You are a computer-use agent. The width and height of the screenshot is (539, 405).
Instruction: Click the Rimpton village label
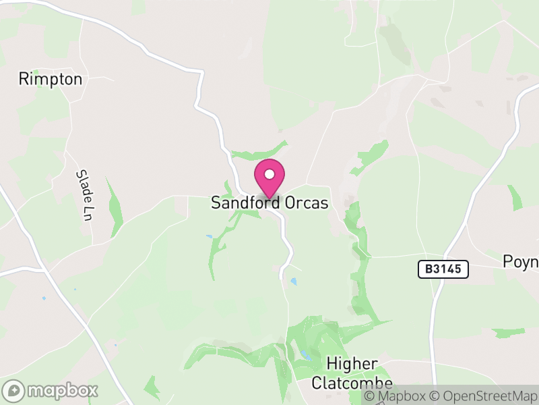pos(51,79)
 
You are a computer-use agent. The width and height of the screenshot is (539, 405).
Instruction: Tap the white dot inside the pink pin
pos(269,174)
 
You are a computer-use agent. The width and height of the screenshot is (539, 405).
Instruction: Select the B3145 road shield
pos(443,269)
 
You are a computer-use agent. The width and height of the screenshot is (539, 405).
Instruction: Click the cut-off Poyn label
pos(521,261)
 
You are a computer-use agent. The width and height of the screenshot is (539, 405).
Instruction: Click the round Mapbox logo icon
pos(14,390)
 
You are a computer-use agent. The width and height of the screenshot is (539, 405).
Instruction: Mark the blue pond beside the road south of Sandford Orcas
pos(293,280)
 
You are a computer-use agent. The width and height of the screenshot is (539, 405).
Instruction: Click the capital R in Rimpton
pos(24,79)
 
